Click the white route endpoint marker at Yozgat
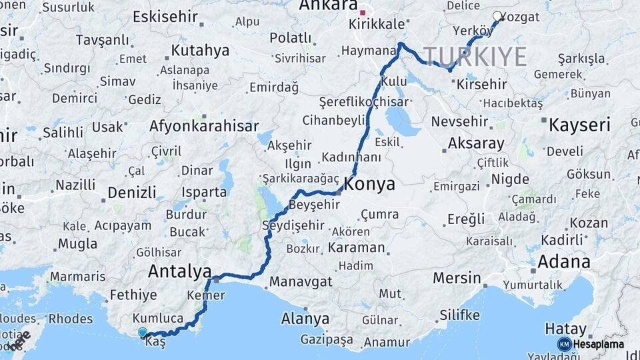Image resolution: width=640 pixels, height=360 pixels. point(497,17)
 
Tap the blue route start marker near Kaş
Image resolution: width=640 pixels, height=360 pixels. point(142,332)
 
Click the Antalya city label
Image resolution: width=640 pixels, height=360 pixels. point(179,271)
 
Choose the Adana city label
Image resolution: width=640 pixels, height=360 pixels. point(564,261)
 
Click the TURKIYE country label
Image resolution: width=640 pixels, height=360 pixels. point(475,57)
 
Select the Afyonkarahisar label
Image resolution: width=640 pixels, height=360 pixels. point(204,126)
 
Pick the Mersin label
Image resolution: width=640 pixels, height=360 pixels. point(457,277)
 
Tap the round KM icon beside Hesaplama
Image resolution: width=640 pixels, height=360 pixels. point(565,344)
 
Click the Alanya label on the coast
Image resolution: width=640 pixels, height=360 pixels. point(305,319)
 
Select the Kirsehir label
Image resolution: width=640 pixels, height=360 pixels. point(481,85)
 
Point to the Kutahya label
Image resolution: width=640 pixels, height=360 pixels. point(200,50)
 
